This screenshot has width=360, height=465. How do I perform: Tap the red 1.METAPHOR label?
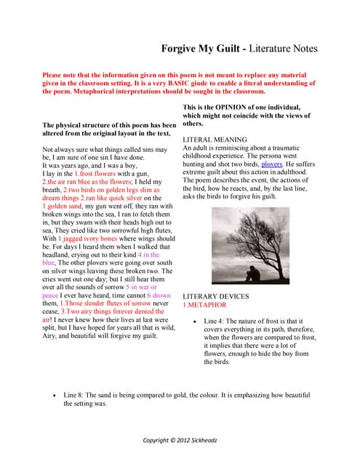205,306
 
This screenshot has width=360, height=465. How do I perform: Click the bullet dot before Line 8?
57,395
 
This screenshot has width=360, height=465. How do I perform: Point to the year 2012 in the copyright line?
176,440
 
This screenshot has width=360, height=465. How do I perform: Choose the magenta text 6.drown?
159,296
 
